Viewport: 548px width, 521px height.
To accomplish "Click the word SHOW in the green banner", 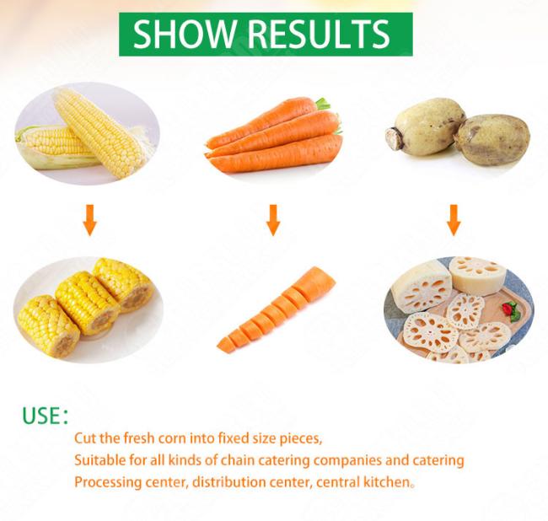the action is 184,34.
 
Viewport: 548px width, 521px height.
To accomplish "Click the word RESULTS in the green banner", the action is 319,34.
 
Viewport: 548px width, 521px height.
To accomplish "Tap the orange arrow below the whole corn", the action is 90,220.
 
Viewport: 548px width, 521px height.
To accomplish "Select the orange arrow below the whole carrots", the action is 273,220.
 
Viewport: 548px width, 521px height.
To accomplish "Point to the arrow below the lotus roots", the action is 454,220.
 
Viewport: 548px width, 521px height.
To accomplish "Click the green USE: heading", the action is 45,416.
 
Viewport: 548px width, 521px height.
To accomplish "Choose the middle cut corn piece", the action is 87,303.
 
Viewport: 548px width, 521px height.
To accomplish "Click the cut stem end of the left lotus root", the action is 393,138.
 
